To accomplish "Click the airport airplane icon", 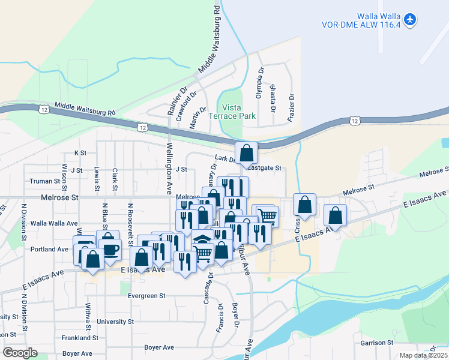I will pyautogui.click(x=410, y=19).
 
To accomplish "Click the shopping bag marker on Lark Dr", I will pyautogui.click(x=246, y=154).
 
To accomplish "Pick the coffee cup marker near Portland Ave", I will pyautogui.click(x=110, y=248).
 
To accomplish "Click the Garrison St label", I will pyautogui.click(x=376, y=343).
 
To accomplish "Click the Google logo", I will pyautogui.click(x=19, y=353).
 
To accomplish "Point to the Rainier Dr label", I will pyautogui.click(x=172, y=103).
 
